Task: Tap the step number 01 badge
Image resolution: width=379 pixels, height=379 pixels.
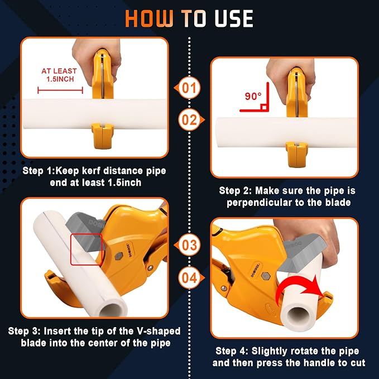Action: [x=190, y=88]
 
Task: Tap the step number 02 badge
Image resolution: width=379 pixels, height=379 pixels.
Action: [x=190, y=119]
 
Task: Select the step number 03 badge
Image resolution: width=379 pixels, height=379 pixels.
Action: [x=190, y=245]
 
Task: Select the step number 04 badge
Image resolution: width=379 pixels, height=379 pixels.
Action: [x=190, y=277]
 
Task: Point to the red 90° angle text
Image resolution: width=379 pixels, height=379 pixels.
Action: [x=253, y=96]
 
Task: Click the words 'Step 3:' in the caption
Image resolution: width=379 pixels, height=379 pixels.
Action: [x=25, y=331]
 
